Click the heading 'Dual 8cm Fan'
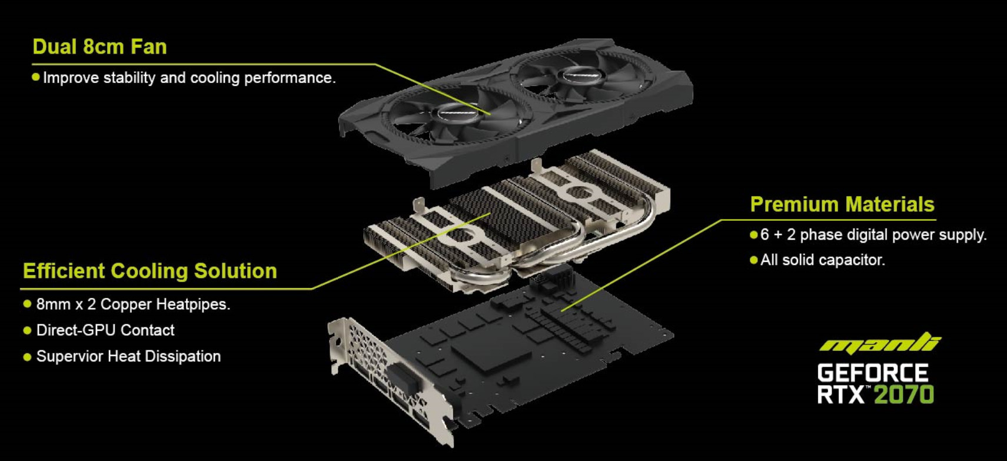point(99,47)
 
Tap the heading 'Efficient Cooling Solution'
point(149,271)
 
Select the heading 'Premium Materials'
point(842,204)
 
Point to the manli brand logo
point(879,343)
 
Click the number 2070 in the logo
point(903,394)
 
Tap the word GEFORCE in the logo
point(872,373)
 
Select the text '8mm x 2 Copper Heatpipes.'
point(133,304)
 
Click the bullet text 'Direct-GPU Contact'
point(105,330)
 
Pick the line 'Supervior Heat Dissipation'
point(128,356)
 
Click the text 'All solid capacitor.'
point(822,260)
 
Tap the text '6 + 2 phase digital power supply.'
point(873,234)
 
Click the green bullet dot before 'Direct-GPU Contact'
point(27,330)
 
